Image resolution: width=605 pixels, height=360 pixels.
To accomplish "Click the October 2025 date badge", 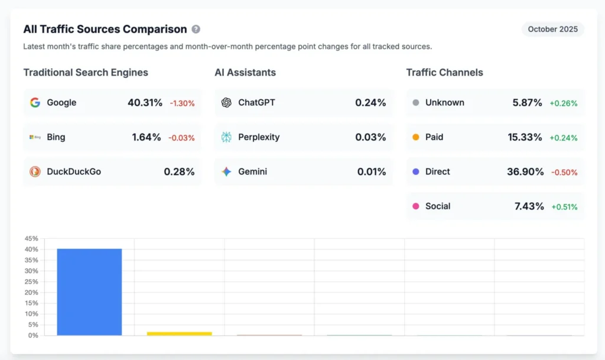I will (552, 29).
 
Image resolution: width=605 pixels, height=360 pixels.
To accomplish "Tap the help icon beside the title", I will (196, 29).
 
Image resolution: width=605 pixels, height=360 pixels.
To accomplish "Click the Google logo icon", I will (35, 102).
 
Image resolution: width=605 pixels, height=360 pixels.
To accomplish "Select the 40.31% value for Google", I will (145, 102).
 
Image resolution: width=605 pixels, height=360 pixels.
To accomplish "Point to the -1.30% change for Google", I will (182, 103).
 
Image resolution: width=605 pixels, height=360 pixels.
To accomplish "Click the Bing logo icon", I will (35, 137).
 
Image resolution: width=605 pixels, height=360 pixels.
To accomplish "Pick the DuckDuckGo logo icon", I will (35, 171).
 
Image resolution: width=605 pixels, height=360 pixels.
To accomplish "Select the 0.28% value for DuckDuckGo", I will (179, 171).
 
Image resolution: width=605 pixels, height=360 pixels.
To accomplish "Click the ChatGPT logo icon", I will (226, 102).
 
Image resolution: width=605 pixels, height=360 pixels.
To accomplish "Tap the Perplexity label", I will (259, 137).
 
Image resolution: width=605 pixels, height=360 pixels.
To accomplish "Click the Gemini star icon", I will (226, 171).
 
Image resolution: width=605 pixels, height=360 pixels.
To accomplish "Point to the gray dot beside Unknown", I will (415, 102).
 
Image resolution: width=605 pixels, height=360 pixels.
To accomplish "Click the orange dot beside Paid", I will (415, 137).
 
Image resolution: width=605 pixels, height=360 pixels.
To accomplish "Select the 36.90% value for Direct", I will (525, 171).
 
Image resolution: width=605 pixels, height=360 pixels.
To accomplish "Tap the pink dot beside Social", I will (415, 206).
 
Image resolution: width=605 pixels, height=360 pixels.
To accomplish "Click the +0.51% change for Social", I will (564, 207).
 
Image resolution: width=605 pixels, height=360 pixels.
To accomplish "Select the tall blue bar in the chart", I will (89, 292).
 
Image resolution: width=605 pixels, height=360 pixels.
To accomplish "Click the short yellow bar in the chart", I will (179, 333).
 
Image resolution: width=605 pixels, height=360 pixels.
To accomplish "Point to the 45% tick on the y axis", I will (31, 239).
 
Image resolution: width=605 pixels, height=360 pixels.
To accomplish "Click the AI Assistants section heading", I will (245, 73).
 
